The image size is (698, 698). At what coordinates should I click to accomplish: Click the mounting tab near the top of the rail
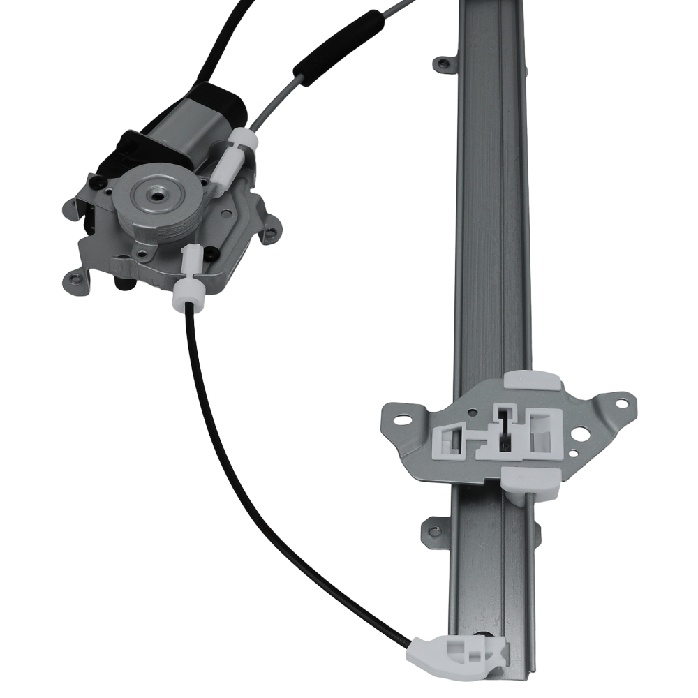(441, 64)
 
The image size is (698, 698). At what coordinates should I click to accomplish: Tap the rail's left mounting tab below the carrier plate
(433, 530)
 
